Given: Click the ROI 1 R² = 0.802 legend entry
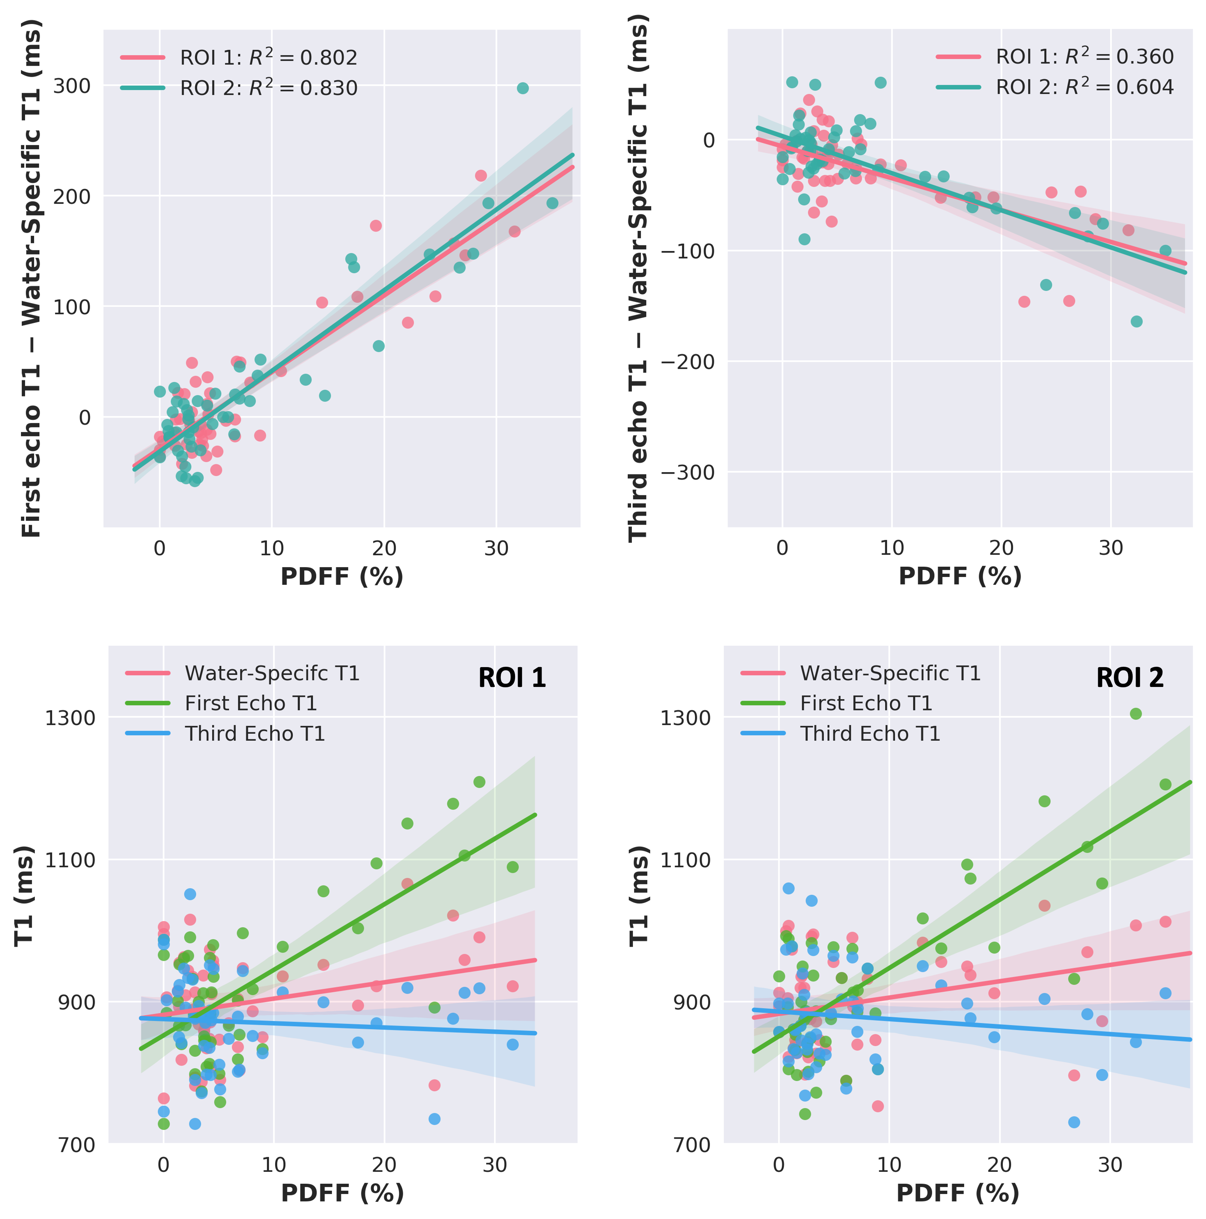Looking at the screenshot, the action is [238, 57].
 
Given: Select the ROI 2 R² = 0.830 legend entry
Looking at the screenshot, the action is [238, 88].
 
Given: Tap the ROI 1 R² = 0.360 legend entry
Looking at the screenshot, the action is [1054, 56].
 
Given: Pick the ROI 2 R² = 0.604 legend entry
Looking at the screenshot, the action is [1054, 86].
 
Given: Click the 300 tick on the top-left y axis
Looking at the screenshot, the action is [71, 86].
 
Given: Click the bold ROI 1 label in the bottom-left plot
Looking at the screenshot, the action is [512, 678].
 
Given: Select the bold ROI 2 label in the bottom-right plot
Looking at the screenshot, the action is [1130, 678].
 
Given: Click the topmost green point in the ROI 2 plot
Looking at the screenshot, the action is [1136, 714].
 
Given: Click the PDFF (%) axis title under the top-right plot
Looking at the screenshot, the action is [960, 576].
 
